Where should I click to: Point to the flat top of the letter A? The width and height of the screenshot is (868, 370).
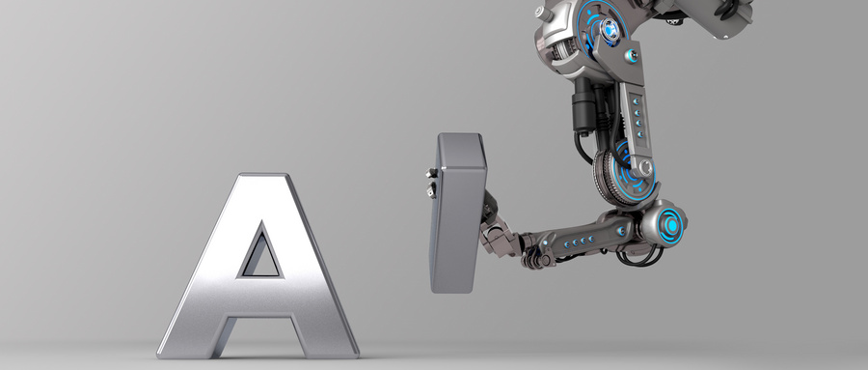263,176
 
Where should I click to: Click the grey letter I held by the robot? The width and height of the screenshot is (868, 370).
458,213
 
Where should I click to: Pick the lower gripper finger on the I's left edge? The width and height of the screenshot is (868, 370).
431,191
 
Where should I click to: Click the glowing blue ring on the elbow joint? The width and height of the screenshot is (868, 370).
671,225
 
